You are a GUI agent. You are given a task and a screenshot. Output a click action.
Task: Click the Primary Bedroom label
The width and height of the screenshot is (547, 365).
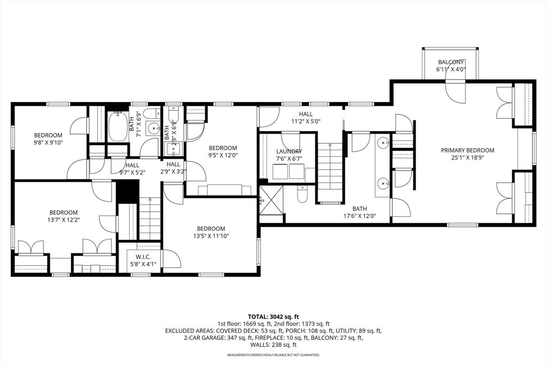(467, 150)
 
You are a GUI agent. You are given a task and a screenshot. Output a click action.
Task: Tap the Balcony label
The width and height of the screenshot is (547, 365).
(451, 62)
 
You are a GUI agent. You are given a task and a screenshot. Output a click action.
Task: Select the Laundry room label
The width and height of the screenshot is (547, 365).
(289, 151)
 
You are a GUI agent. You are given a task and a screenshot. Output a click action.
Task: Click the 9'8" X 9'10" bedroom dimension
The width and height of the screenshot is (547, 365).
(48, 142)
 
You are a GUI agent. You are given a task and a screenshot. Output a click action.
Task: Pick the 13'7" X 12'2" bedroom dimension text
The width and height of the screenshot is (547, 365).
(64, 220)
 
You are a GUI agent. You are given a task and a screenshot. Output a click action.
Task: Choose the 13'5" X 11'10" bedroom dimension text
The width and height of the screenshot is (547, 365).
(211, 236)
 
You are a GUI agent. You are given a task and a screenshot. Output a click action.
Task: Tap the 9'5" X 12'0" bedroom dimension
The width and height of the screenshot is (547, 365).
(223, 156)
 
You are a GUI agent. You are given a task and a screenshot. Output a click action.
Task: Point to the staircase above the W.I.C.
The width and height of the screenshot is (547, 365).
(150, 218)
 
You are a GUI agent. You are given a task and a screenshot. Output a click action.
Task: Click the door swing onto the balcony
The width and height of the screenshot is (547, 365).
(455, 91)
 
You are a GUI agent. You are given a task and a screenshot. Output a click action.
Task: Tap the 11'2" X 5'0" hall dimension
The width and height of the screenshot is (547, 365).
(306, 121)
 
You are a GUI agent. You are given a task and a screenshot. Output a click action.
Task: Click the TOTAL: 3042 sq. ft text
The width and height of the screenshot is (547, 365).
(273, 317)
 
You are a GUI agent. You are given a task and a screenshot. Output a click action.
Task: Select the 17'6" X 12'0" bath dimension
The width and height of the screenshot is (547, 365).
(360, 216)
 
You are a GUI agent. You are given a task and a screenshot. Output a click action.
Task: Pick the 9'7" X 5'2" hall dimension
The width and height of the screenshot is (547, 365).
(132, 172)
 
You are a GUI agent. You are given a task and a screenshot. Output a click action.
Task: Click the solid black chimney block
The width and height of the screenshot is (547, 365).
(127, 191)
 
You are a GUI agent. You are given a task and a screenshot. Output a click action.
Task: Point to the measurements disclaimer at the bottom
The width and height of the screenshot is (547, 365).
(273, 355)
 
